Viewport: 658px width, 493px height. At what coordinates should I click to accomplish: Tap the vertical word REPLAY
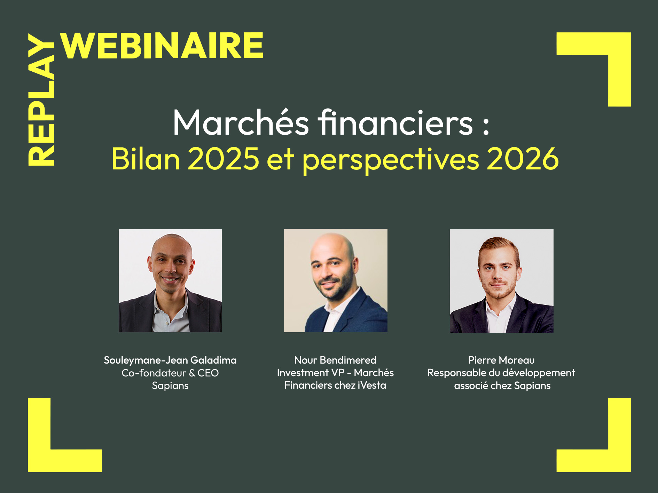pyautogui.click(x=41, y=100)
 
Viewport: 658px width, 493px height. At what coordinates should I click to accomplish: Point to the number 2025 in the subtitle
pyautogui.click(x=224, y=159)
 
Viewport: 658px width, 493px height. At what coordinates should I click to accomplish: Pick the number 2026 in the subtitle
pyautogui.click(x=522, y=159)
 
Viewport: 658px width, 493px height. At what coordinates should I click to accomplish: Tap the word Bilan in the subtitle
pyautogui.click(x=146, y=159)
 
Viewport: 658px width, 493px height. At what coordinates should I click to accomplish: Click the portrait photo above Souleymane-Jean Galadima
pyautogui.click(x=170, y=280)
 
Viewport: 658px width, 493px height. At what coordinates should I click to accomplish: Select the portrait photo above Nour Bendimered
pyautogui.click(x=336, y=280)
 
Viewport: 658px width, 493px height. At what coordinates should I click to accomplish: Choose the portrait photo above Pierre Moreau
pyautogui.click(x=501, y=281)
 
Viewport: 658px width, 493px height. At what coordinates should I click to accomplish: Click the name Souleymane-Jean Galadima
pyautogui.click(x=170, y=360)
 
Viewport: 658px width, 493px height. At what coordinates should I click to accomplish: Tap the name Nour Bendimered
pyautogui.click(x=335, y=360)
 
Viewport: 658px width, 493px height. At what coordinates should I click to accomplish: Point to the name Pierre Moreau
pyautogui.click(x=501, y=360)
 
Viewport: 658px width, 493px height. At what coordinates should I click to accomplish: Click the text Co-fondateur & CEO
pyautogui.click(x=170, y=373)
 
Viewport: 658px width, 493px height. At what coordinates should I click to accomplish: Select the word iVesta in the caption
pyautogui.click(x=372, y=385)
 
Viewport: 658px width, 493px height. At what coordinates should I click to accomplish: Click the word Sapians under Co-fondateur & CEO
pyautogui.click(x=170, y=386)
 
